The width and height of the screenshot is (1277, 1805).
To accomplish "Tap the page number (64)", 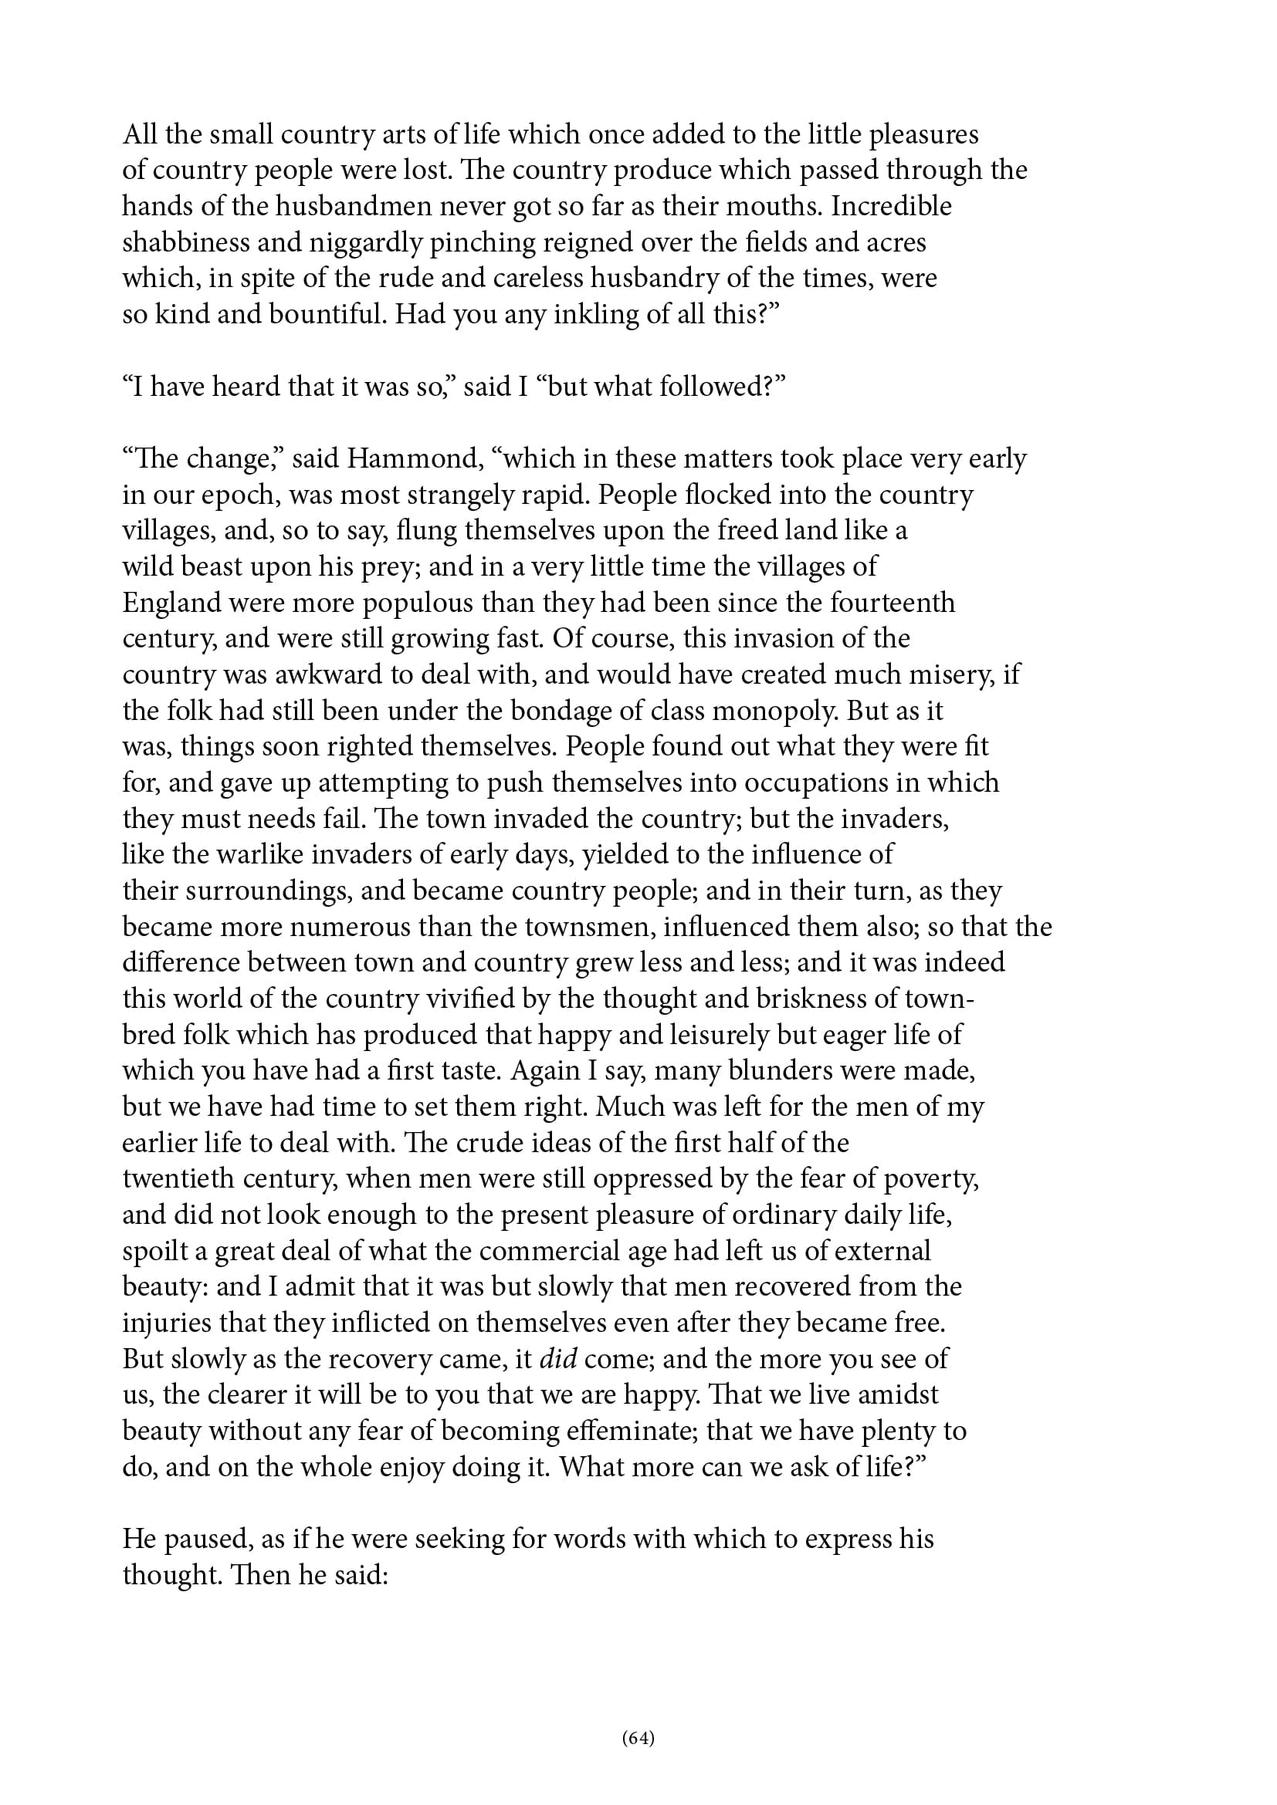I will click(638, 1737).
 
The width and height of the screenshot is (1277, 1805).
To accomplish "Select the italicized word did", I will click(557, 1359).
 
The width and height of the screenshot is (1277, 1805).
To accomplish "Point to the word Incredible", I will click(892, 206).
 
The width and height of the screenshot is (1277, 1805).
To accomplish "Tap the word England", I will click(172, 603).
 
